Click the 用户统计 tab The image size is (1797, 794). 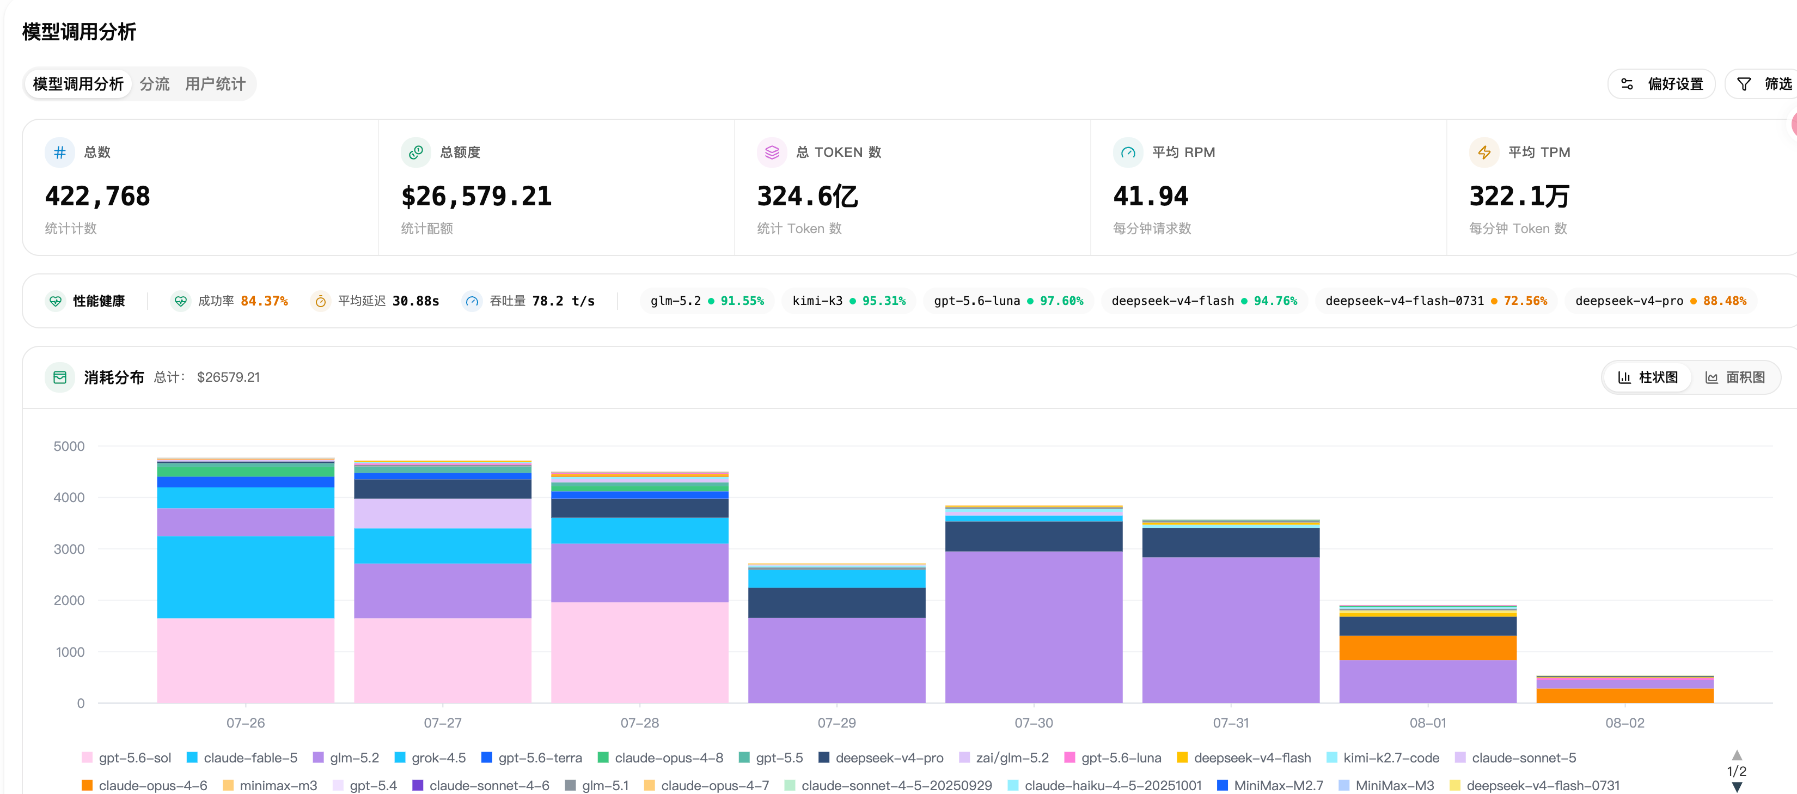[x=215, y=84]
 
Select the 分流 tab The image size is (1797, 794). [x=154, y=84]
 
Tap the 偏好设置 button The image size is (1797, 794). [x=1661, y=84]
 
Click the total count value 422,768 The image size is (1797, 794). [x=97, y=196]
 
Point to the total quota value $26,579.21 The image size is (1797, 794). [x=476, y=196]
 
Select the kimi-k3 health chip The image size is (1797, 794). [x=848, y=301]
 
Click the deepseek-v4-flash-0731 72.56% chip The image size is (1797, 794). [x=1435, y=301]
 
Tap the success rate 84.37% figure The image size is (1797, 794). [x=265, y=301]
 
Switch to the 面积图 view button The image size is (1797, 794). [x=1735, y=377]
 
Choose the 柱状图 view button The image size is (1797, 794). [x=1648, y=377]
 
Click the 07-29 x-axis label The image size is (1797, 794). [x=836, y=723]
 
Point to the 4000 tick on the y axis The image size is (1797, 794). [x=69, y=497]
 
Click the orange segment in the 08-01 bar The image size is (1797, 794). [x=1427, y=648]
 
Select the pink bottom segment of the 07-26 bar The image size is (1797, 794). [x=246, y=660]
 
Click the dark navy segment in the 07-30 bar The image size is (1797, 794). [x=1033, y=536]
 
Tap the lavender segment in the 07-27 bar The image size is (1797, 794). [x=442, y=514]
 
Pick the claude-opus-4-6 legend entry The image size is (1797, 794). [x=144, y=786]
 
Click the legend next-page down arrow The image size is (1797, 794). [x=1737, y=787]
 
